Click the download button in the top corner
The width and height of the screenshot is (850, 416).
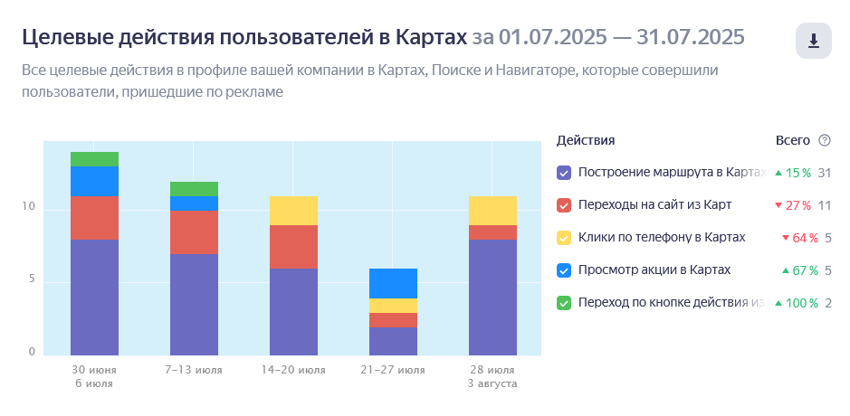point(813,41)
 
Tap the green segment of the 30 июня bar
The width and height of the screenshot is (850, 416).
point(95,159)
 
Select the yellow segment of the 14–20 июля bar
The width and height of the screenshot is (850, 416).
point(294,211)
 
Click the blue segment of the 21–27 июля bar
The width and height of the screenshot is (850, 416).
point(394,283)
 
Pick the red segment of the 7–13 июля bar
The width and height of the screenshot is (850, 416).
point(195,232)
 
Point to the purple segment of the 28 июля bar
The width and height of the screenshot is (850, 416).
point(492,297)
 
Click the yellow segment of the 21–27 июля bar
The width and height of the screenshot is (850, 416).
point(394,306)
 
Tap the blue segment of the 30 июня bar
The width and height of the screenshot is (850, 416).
point(95,182)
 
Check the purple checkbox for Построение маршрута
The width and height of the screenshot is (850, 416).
point(564,173)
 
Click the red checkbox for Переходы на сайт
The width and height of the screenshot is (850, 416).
point(564,205)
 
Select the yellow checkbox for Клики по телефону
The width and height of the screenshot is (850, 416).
point(564,238)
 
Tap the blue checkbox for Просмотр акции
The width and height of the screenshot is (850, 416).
point(564,270)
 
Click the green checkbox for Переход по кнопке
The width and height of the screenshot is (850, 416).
point(564,303)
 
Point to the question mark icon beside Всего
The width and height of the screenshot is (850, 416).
point(824,140)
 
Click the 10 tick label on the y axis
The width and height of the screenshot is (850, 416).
point(29,207)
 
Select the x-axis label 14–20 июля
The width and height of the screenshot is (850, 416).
point(294,370)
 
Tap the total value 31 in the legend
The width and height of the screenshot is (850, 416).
point(824,173)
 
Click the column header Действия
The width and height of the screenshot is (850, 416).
point(586,140)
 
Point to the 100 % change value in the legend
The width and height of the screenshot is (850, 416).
point(797,303)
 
